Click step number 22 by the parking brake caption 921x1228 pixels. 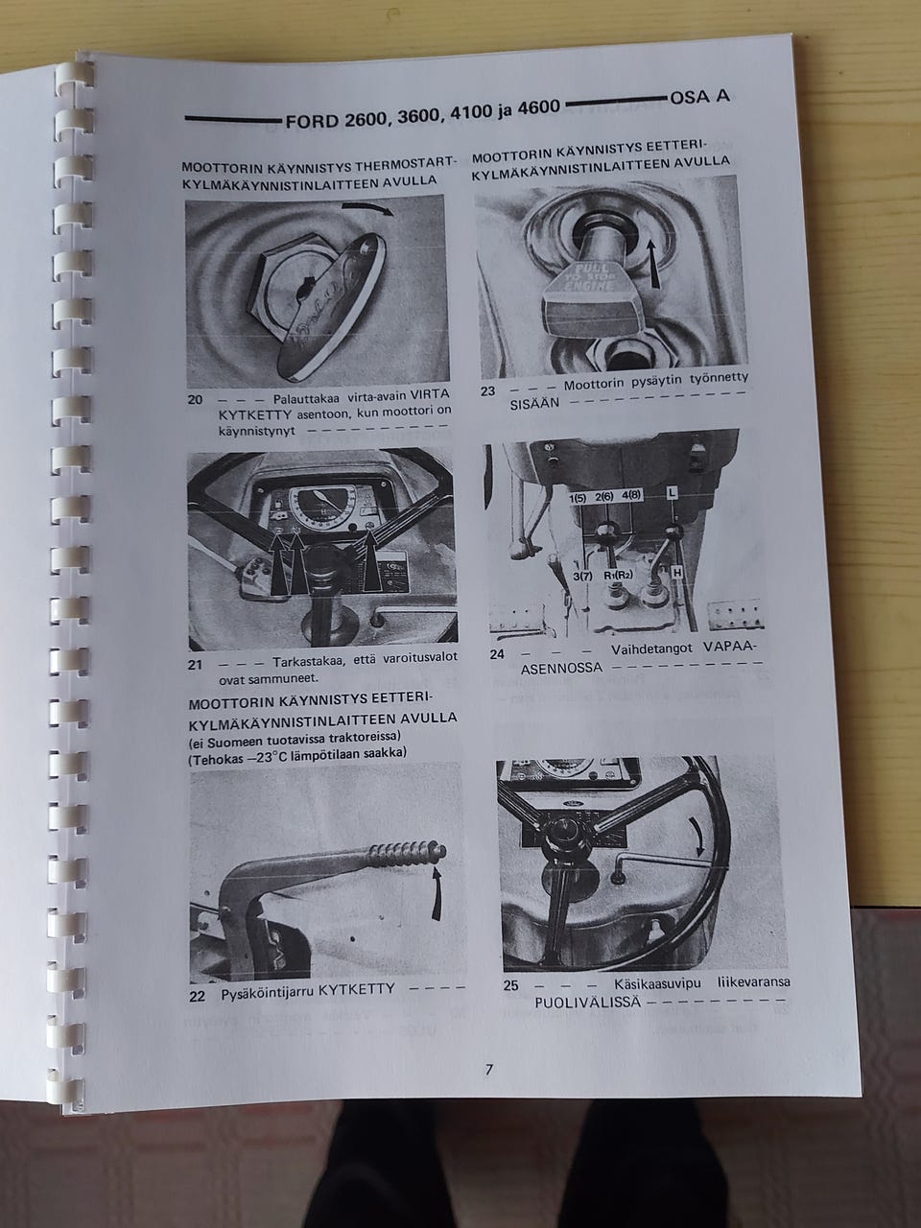198,997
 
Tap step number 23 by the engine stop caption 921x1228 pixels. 487,391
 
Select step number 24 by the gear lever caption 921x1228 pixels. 497,654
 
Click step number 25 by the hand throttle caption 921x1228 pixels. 511,985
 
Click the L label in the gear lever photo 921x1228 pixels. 672,492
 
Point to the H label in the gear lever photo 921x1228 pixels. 676,573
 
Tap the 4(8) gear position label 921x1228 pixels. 633,495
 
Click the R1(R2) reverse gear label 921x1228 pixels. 617,575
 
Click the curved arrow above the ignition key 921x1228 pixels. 368,209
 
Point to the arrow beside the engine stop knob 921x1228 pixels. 652,264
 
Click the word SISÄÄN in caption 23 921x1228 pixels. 534,404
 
